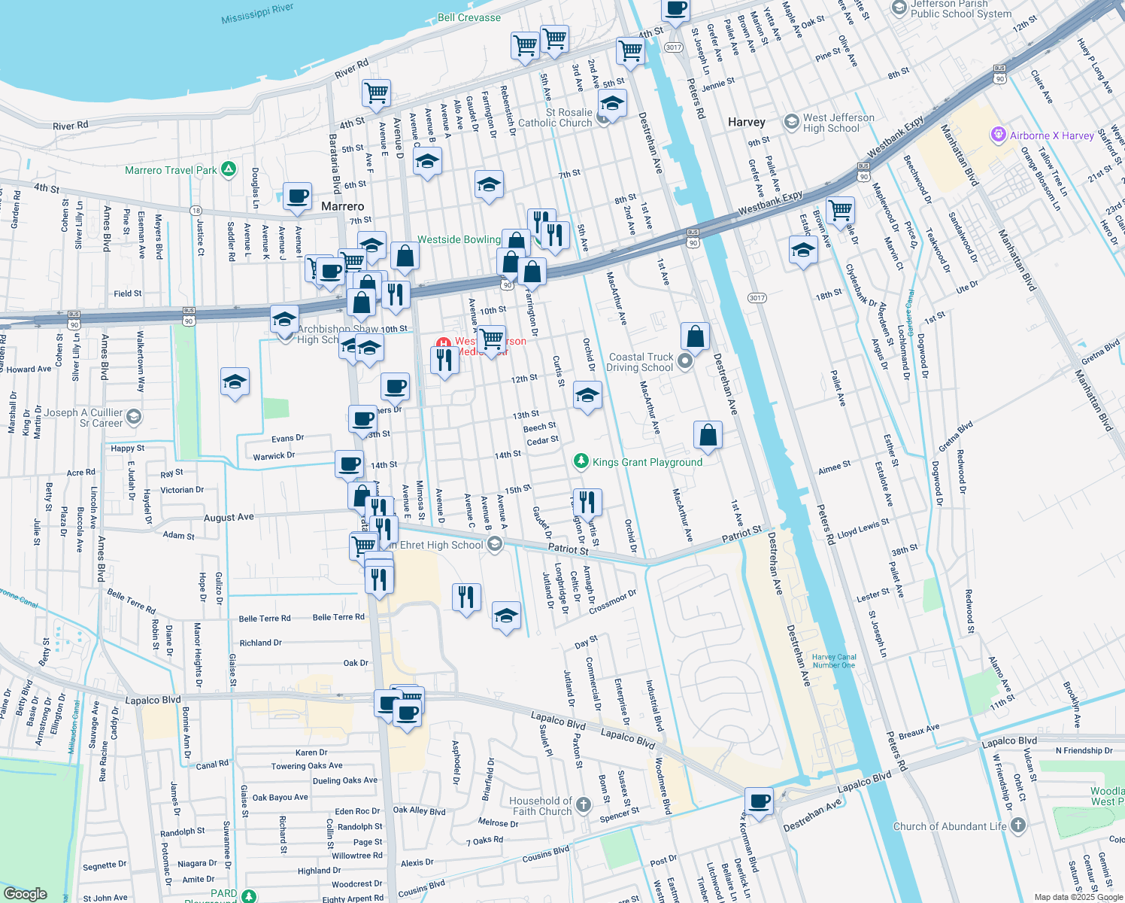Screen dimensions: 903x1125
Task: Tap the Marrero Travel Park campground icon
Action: [230, 170]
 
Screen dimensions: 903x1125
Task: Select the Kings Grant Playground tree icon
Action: [581, 461]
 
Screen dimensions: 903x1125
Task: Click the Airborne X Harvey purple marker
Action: [998, 135]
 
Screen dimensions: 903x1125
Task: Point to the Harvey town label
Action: [746, 122]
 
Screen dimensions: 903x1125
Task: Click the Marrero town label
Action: [342, 206]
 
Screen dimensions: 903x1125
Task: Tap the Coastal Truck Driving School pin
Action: [684, 362]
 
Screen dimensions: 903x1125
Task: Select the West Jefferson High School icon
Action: [791, 122]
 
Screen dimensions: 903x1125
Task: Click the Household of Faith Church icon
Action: [584, 806]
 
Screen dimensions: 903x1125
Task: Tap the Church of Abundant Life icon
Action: [1018, 825]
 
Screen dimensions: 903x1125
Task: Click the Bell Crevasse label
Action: [468, 17]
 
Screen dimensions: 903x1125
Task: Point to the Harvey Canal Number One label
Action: [834, 661]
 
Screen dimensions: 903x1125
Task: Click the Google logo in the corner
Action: [25, 893]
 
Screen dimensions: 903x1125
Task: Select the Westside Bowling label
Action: [459, 239]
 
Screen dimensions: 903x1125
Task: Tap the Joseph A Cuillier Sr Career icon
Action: [133, 417]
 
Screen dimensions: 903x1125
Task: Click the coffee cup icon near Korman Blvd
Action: [760, 801]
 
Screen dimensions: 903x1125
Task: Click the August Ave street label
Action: [229, 518]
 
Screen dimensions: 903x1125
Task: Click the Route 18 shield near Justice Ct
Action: [196, 211]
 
